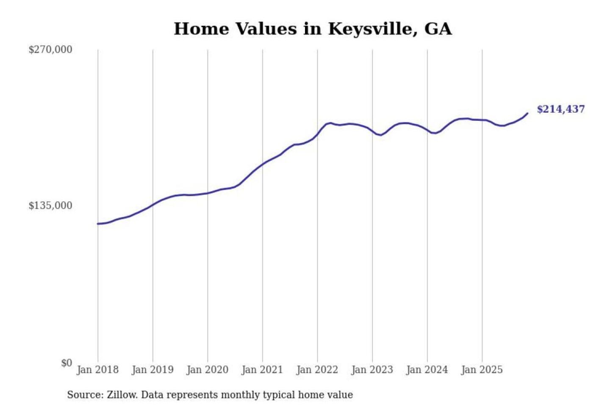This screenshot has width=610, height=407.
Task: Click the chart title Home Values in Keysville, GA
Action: [x=313, y=29]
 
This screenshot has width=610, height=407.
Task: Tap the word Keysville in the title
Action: [x=370, y=29]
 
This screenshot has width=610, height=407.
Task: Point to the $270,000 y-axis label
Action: [x=50, y=50]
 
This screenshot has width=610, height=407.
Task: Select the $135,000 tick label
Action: [x=50, y=206]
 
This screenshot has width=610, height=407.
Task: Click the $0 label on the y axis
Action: [x=67, y=363]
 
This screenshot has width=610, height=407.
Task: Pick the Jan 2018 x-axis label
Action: [x=98, y=370]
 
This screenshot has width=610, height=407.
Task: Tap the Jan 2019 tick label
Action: [x=152, y=370]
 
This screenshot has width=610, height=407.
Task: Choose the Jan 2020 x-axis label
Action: [x=208, y=370]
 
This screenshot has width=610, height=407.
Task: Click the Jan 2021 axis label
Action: [x=262, y=370]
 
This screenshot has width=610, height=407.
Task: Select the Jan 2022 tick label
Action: [x=317, y=370]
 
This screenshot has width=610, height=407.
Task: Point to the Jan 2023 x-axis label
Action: [x=372, y=370]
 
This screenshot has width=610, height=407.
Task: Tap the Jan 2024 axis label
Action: [x=427, y=370]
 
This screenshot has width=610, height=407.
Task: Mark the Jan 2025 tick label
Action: [x=482, y=370]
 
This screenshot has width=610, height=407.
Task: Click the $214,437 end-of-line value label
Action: [x=561, y=109]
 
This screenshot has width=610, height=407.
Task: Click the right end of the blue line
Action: [x=527, y=113]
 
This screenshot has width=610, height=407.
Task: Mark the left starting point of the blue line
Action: [x=98, y=223]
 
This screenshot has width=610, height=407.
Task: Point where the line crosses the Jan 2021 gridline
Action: [x=263, y=164]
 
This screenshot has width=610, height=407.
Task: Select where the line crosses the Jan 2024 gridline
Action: [x=427, y=130]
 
